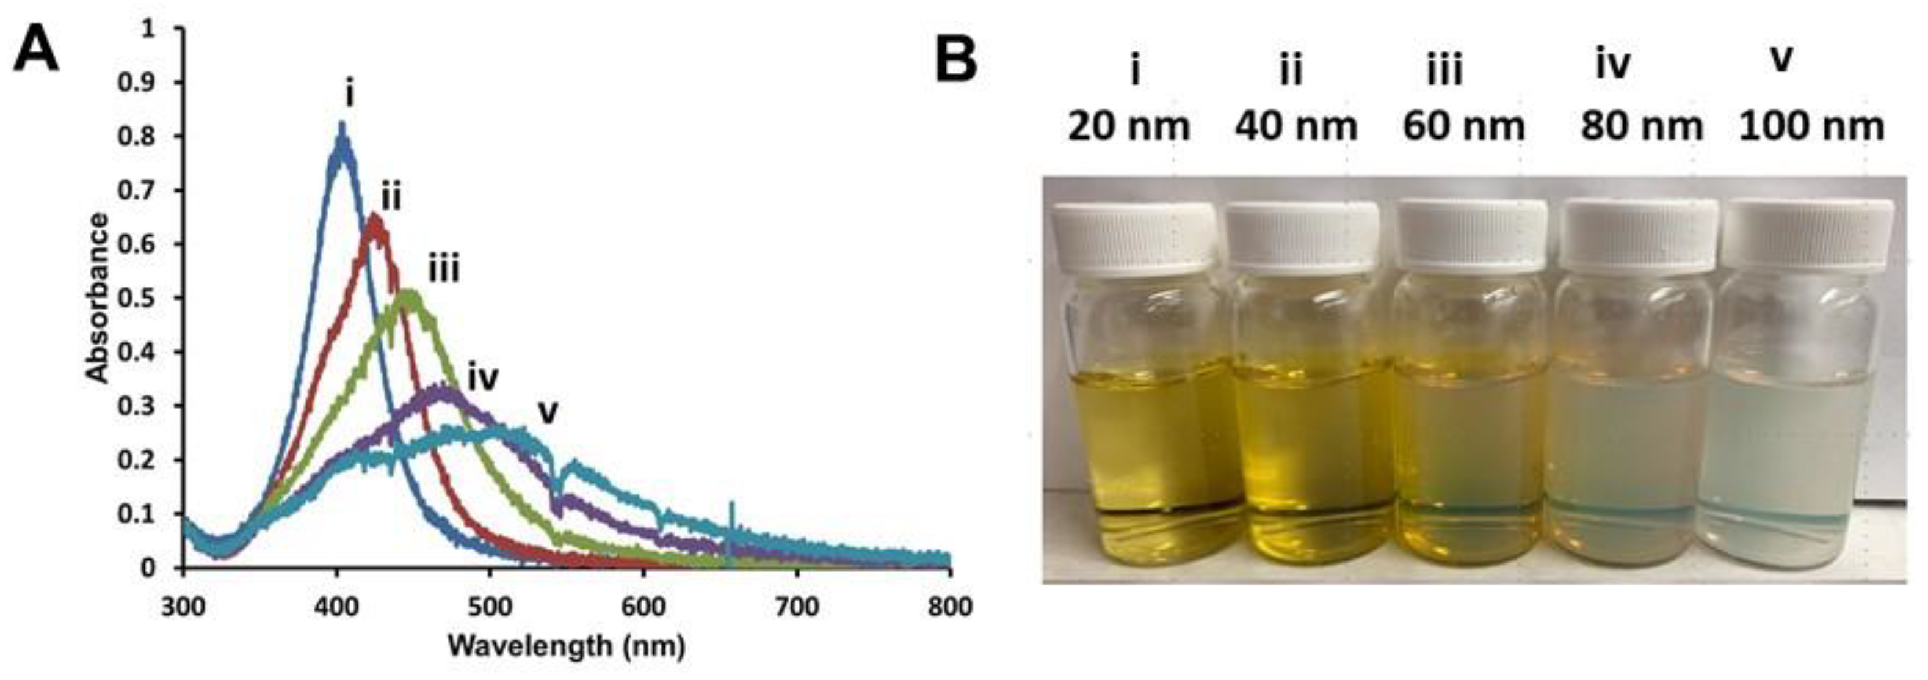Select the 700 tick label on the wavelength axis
796,606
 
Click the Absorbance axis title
97,298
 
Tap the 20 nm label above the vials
1129,126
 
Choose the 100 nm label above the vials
1811,126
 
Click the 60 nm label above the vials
1463,126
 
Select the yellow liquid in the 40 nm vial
1306,442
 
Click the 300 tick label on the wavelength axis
183,606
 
